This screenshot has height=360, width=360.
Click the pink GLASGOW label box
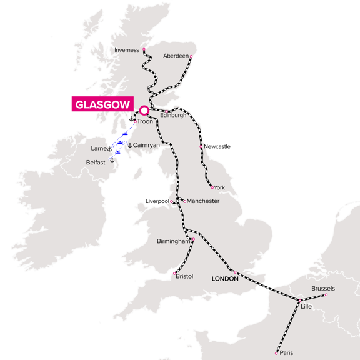tap(102, 104)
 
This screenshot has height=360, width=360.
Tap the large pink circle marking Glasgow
tap(144, 111)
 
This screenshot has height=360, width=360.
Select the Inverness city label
tap(127, 50)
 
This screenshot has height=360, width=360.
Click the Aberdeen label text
tap(175, 56)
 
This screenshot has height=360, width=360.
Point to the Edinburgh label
tap(173, 115)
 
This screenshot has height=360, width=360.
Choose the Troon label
tap(144, 122)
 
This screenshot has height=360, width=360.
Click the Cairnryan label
tap(147, 145)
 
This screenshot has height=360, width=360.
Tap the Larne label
tap(98, 149)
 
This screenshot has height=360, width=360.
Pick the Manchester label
tap(203, 201)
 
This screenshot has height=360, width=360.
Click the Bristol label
tap(185, 276)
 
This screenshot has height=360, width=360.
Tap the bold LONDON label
tap(226, 279)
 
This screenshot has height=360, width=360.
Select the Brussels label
tap(323, 289)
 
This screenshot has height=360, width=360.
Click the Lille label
tap(306, 307)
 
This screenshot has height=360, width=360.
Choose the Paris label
tap(286, 353)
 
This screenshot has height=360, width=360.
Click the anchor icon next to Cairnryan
tap(129, 145)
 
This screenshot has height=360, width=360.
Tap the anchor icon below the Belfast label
tap(112, 160)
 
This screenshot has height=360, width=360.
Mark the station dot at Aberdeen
tap(191, 57)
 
